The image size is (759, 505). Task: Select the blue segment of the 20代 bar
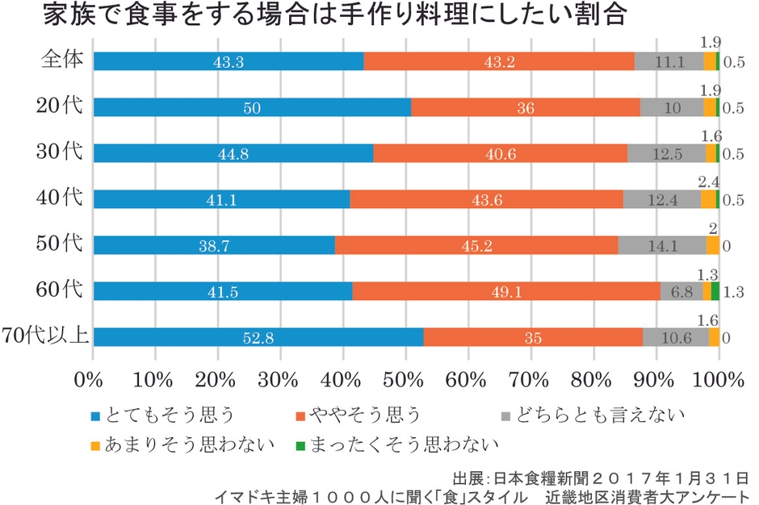click(252, 107)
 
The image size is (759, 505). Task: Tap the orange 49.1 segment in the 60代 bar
click(505, 291)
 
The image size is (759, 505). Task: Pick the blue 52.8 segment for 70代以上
click(258, 337)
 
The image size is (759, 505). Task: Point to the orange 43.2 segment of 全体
click(498, 61)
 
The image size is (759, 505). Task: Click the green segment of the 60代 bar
click(715, 291)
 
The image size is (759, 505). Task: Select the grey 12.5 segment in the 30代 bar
click(666, 153)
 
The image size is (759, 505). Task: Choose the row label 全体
click(63, 61)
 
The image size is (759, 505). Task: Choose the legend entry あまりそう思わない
click(181, 443)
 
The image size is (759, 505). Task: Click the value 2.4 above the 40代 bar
click(708, 182)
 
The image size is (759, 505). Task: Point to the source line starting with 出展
click(601, 477)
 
